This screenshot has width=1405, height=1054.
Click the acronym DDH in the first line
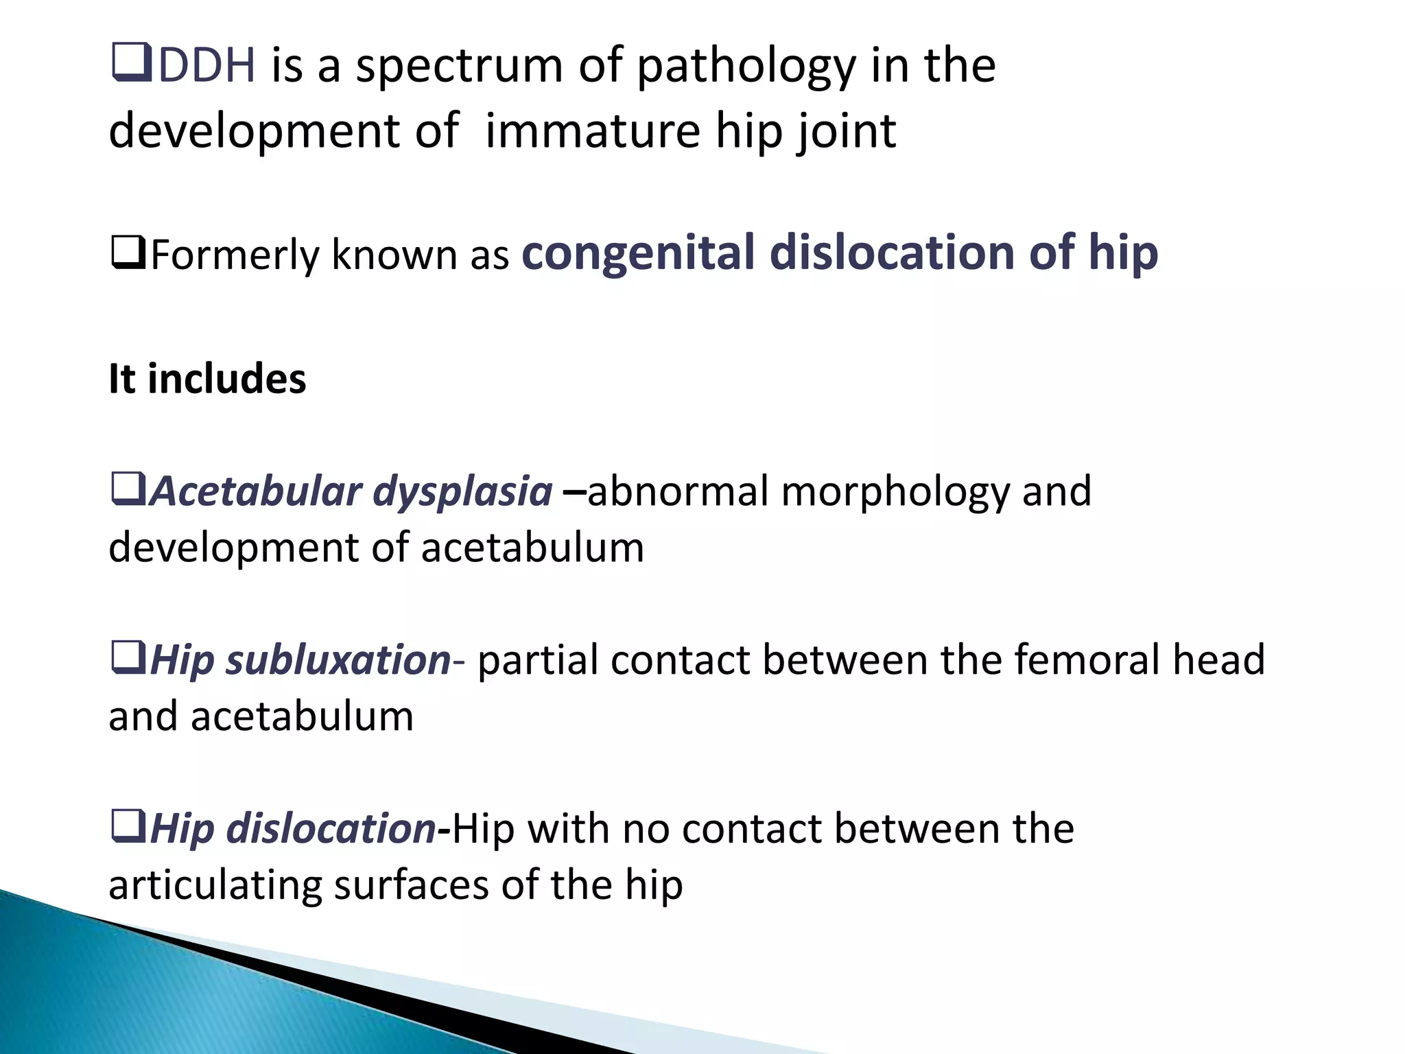[x=206, y=66]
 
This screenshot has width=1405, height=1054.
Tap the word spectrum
[x=458, y=67]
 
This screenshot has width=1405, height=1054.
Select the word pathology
[x=746, y=67]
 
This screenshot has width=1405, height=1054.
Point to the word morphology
[x=895, y=493]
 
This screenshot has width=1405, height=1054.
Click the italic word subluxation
[x=338, y=660]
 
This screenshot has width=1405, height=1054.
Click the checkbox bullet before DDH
[x=130, y=62]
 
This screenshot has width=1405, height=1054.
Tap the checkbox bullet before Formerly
[x=128, y=253]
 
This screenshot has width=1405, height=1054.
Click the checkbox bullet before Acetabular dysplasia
[x=128, y=489]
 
